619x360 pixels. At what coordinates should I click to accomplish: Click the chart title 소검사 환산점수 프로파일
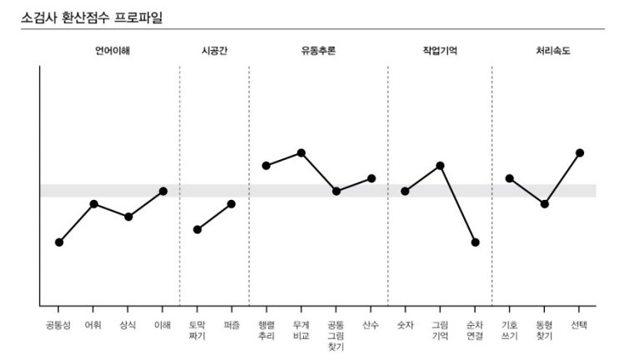point(92,14)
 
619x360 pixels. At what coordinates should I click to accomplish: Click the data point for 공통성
point(59,242)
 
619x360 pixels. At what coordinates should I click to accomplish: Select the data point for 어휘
point(94,204)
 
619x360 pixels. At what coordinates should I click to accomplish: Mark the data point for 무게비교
point(302,152)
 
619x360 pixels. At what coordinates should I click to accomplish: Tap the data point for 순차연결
point(475,242)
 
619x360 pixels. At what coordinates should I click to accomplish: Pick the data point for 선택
point(579,152)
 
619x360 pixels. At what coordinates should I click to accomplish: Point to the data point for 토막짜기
point(197,230)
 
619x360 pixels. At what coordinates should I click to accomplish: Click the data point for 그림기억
point(440,166)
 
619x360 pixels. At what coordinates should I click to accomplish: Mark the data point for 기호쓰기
point(509,178)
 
